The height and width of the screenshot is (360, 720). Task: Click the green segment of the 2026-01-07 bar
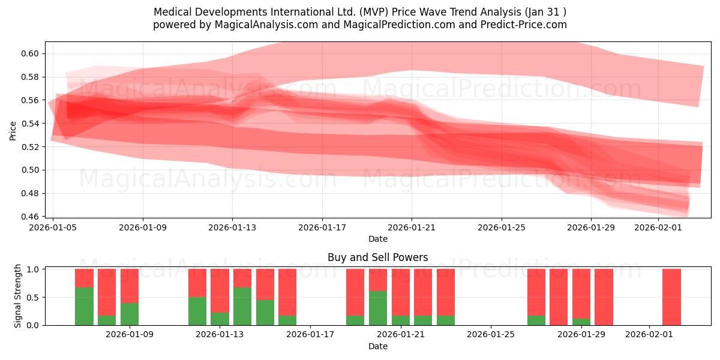(84, 306)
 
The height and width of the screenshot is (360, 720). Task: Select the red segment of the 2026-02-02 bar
(671, 297)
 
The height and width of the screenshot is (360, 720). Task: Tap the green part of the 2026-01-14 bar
(242, 306)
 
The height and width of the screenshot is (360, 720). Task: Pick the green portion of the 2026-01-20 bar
(378, 308)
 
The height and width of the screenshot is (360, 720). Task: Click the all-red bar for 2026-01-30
(604, 297)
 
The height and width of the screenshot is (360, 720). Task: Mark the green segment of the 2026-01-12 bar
(197, 311)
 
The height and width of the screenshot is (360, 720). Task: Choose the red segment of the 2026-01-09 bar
(130, 286)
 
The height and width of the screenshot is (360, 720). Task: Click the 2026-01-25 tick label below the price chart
(502, 227)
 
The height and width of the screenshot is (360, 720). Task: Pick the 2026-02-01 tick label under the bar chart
(649, 334)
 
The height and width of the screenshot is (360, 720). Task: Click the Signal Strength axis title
(18, 296)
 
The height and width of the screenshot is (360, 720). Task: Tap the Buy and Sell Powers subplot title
(377, 257)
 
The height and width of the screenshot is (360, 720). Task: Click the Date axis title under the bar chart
(377, 346)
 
